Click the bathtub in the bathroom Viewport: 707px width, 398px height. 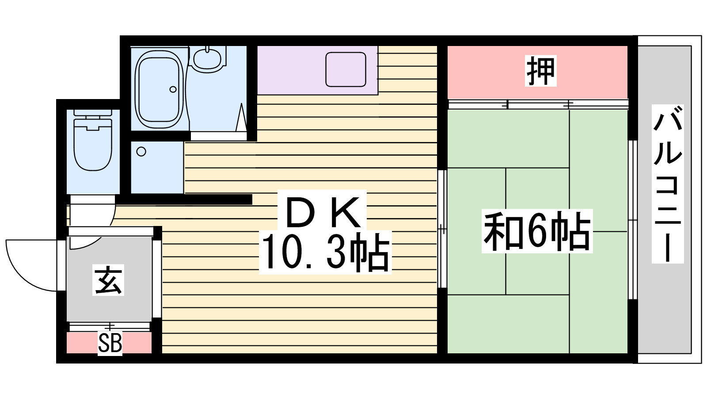point(159,88)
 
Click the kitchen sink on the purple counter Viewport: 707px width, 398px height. point(346,69)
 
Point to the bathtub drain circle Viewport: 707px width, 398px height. point(173,89)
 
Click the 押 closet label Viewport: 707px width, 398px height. point(540,71)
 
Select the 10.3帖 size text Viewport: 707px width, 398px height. point(325,253)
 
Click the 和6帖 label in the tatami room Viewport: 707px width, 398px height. point(537,231)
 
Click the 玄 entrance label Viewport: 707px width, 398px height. point(108,280)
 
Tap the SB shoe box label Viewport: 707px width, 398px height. point(110,343)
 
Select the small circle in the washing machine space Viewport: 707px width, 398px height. point(141,152)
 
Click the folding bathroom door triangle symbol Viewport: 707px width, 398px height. point(241,119)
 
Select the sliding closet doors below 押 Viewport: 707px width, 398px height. point(538,104)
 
